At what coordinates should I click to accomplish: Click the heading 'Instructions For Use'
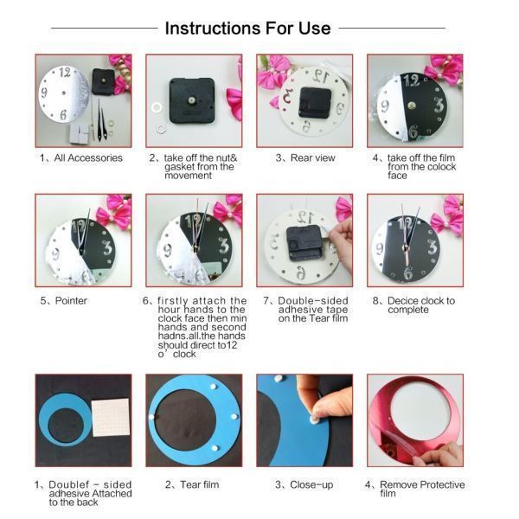[x=247, y=29]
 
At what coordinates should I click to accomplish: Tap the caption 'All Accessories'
[x=88, y=158]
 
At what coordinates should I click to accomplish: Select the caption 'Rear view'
[x=313, y=158]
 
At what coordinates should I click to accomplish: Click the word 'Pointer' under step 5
[x=71, y=300]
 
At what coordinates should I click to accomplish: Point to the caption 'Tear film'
[x=200, y=484]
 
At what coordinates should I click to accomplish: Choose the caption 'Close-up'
[x=311, y=484]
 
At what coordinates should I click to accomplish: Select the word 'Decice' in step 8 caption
[x=403, y=300]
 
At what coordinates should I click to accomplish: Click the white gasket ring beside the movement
[x=157, y=107]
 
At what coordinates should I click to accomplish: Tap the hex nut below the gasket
[x=161, y=128]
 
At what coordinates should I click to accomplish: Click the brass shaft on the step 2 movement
[x=191, y=100]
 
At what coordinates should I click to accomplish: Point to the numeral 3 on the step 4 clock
[x=439, y=105]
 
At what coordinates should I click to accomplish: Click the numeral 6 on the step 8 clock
[x=408, y=272]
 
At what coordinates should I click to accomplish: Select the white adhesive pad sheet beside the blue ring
[x=110, y=418]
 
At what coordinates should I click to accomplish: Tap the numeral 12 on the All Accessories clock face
[x=65, y=72]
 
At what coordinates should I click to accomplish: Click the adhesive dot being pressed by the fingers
[x=313, y=420]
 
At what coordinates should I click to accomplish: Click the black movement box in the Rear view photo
[x=315, y=102]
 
